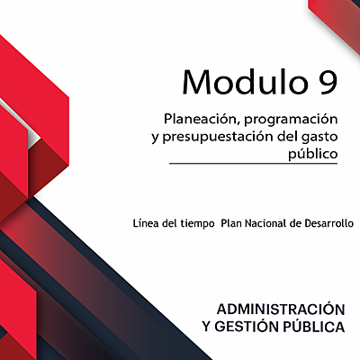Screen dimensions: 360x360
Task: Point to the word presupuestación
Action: coord(215,137)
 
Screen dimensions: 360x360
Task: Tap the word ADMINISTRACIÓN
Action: coord(281,307)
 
